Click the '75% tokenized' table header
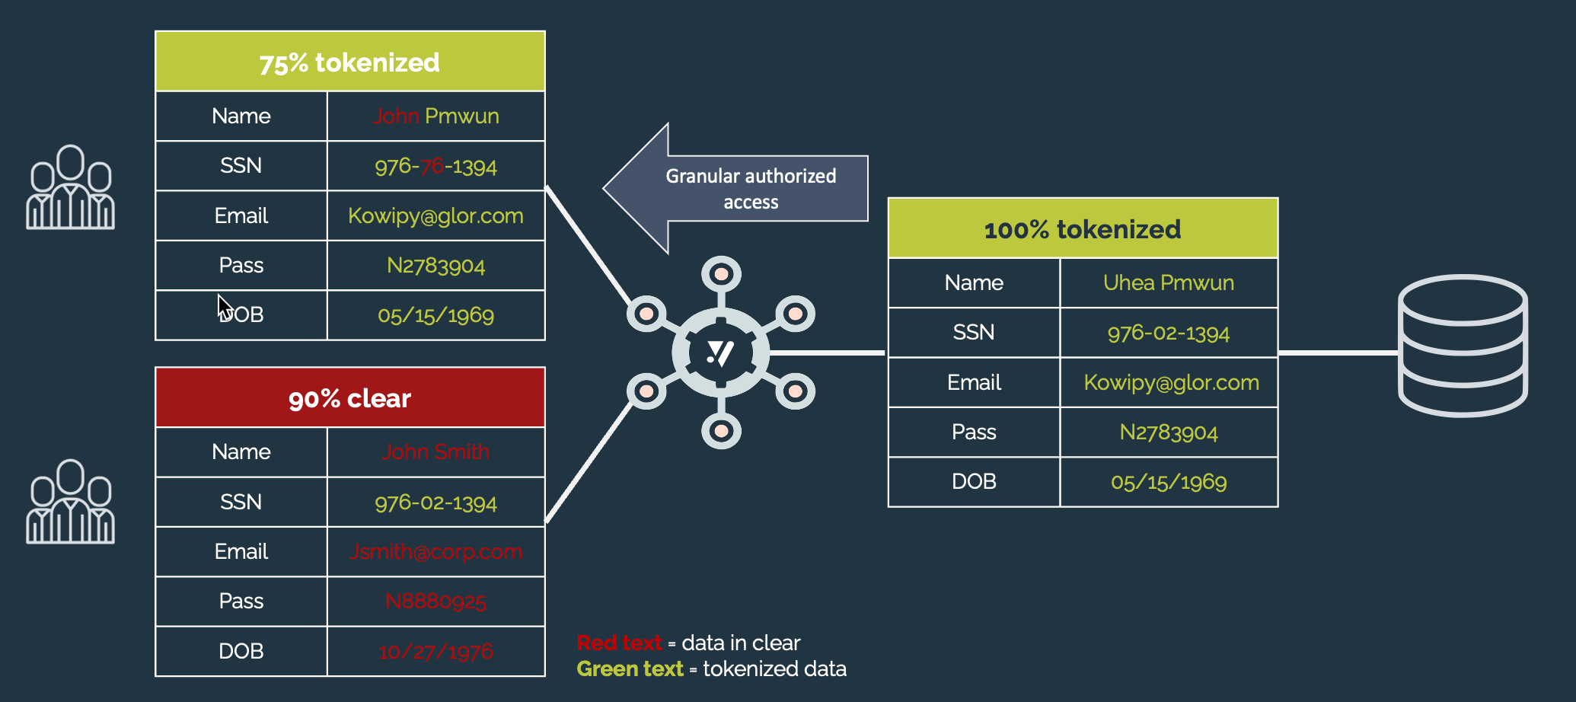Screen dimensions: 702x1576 (x=349, y=62)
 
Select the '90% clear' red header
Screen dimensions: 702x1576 (x=349, y=397)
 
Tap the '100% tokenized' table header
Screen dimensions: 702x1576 (x=1082, y=228)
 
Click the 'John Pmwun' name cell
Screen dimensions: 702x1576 (x=435, y=116)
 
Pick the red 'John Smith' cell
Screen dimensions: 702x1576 (x=435, y=452)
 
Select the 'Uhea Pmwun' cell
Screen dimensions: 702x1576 (x=1168, y=282)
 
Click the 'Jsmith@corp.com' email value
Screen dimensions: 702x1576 (x=435, y=551)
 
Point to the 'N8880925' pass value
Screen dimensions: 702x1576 (x=435, y=601)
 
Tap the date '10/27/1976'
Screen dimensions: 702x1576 (x=435, y=651)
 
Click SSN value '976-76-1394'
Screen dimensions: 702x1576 (x=435, y=166)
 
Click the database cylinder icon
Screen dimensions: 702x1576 (x=1463, y=346)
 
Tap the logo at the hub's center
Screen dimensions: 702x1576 (x=720, y=353)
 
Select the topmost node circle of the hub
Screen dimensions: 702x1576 (x=721, y=274)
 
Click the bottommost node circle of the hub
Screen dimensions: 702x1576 (x=721, y=431)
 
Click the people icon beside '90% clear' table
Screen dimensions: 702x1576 (x=70, y=502)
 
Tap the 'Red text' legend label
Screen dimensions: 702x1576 (x=618, y=643)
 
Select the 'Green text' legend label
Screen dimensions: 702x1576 (x=630, y=668)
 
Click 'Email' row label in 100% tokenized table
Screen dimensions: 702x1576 (x=974, y=382)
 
